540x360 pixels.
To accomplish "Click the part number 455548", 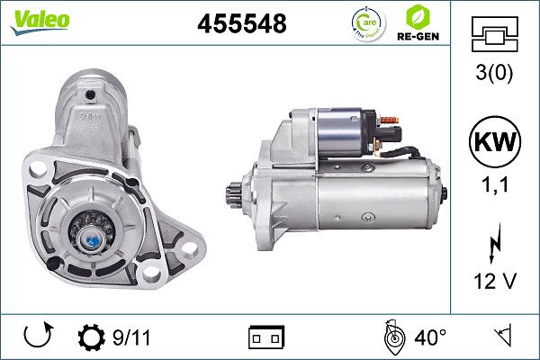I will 241,24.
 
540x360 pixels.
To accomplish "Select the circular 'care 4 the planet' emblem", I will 367,22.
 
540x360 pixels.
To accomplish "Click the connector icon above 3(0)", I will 495,37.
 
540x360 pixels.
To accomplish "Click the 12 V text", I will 495,283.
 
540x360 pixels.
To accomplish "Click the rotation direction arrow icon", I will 35,337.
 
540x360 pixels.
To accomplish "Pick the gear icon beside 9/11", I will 92,337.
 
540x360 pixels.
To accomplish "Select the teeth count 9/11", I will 132,337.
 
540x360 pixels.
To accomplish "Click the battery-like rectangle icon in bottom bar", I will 265,337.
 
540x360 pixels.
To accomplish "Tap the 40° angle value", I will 431,337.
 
